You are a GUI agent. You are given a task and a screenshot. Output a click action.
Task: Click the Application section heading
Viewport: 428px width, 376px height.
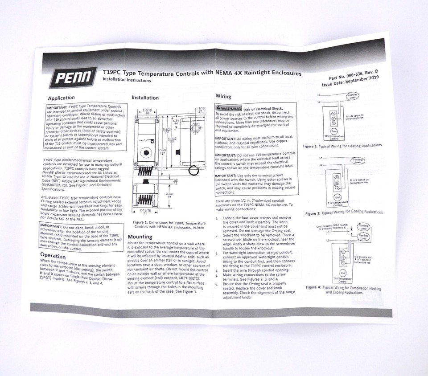62,98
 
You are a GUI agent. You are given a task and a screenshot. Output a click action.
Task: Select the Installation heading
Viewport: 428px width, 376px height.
145,98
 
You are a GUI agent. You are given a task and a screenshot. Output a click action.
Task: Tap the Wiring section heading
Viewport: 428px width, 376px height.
223,96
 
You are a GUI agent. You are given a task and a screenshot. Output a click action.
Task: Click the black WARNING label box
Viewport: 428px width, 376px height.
228,108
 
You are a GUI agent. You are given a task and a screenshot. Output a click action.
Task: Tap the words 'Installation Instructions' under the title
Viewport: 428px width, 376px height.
127,80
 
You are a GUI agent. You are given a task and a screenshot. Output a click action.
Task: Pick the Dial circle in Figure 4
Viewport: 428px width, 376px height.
342,273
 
